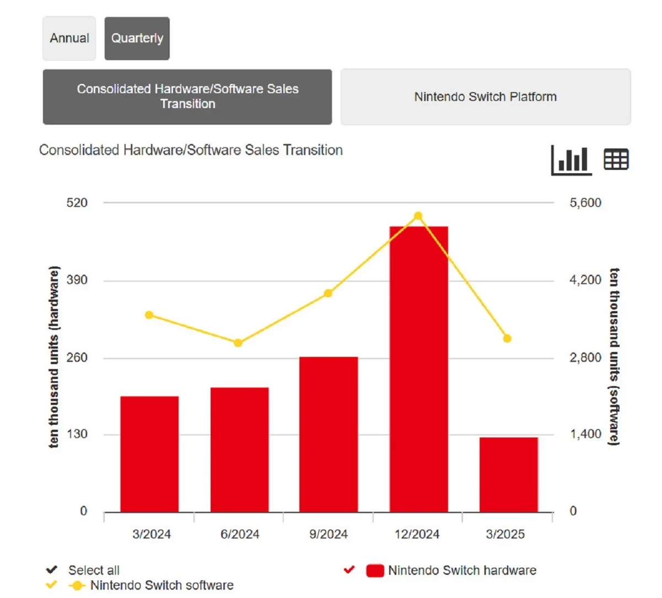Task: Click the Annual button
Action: [x=69, y=38]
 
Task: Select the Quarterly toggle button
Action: [x=137, y=38]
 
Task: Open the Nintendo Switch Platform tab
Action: [x=485, y=97]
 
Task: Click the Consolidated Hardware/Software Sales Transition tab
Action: [x=187, y=97]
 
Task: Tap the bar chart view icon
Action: [x=572, y=161]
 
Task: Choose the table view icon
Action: [x=616, y=160]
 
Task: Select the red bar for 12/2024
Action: [x=418, y=369]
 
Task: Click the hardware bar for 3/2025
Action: [x=508, y=474]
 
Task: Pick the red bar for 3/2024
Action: [x=149, y=454]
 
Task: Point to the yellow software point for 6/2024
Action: [x=238, y=343]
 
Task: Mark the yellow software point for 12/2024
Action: [x=418, y=216]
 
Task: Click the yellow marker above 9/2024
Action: [x=328, y=293]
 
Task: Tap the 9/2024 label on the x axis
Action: [x=329, y=534]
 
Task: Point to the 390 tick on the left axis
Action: [x=77, y=280]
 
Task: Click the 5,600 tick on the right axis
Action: [x=585, y=203]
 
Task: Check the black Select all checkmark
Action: [x=52, y=570]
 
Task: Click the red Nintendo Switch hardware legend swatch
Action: [x=375, y=570]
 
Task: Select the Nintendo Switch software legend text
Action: [x=162, y=585]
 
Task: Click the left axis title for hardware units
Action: [x=53, y=357]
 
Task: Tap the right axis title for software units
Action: [x=614, y=357]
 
